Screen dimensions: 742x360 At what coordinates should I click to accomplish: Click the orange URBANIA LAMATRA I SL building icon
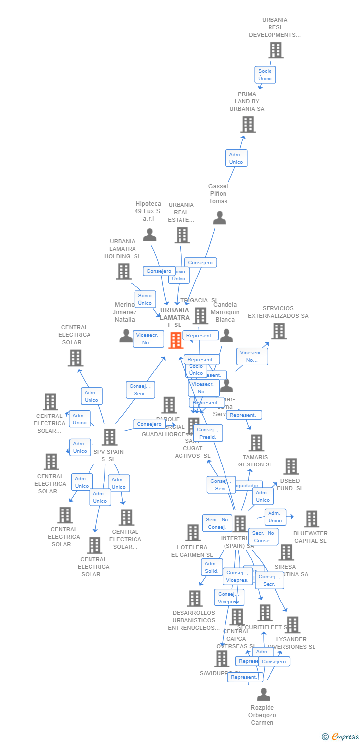[176, 340]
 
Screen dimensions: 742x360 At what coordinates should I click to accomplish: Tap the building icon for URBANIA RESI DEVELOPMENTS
[276, 50]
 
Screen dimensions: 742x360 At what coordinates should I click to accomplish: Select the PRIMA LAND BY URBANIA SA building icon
[248, 124]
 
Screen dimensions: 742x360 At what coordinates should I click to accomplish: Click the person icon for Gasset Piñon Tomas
[219, 218]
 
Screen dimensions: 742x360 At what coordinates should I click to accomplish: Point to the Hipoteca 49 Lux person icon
[149, 235]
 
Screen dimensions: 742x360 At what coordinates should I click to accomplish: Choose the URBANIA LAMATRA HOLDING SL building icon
[123, 272]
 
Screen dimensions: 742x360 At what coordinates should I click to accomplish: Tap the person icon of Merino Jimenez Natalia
[126, 336]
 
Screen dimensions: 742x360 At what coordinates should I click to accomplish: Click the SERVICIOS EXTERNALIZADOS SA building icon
[279, 331]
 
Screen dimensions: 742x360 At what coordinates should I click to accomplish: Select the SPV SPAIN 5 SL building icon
[109, 437]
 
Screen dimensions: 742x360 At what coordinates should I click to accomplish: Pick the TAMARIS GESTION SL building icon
[256, 443]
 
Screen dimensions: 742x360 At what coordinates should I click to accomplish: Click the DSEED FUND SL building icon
[291, 466]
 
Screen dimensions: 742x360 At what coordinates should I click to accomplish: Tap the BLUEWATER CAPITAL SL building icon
[311, 519]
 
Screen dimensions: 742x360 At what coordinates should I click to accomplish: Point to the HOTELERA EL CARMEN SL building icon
[193, 533]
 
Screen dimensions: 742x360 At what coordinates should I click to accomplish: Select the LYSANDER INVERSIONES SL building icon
[292, 625]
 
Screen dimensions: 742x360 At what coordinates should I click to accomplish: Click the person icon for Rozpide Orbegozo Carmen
[263, 694]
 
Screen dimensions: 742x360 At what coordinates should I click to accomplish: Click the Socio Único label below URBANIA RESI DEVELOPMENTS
[265, 75]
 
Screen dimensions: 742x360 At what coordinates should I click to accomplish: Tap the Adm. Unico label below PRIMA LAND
[236, 158]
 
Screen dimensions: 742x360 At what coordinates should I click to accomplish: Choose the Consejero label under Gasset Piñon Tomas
[200, 262]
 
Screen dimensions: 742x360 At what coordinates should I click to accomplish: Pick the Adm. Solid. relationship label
[212, 567]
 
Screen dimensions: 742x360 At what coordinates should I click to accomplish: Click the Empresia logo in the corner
[341, 737]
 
